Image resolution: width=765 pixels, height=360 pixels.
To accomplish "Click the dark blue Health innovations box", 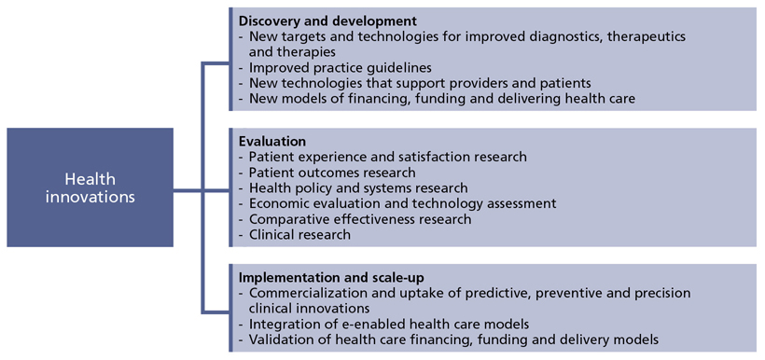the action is point(90,187).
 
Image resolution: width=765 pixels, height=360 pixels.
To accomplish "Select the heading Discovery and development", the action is point(327,21).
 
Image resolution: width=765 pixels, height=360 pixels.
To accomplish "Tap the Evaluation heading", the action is point(272,142).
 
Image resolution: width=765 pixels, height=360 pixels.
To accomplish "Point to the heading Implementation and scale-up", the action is point(331,278).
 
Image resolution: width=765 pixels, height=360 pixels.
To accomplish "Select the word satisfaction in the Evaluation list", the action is point(439,157).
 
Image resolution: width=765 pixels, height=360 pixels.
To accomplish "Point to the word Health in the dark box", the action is point(90,179).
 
